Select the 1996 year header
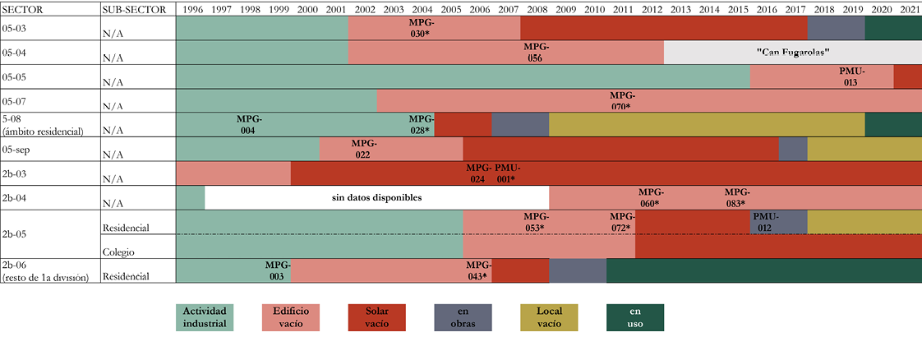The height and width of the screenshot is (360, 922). pos(192,9)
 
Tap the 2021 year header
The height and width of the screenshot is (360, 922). pos(909,9)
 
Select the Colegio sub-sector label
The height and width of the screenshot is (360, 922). pos(118,252)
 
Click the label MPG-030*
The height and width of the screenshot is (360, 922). pos(421,28)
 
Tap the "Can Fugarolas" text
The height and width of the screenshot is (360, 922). pos(792,52)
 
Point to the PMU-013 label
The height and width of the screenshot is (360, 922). pos(851,76)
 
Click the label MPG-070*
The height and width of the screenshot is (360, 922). pos(621,101)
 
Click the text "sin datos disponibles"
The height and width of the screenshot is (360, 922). pos(376,198)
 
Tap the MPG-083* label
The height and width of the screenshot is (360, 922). pos(736,198)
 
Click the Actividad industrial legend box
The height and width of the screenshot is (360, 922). pos(205,317)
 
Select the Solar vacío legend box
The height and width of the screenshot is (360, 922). pos(376,317)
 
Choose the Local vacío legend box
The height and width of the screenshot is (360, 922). pos(549,317)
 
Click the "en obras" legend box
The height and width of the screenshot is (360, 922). pos(463,317)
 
